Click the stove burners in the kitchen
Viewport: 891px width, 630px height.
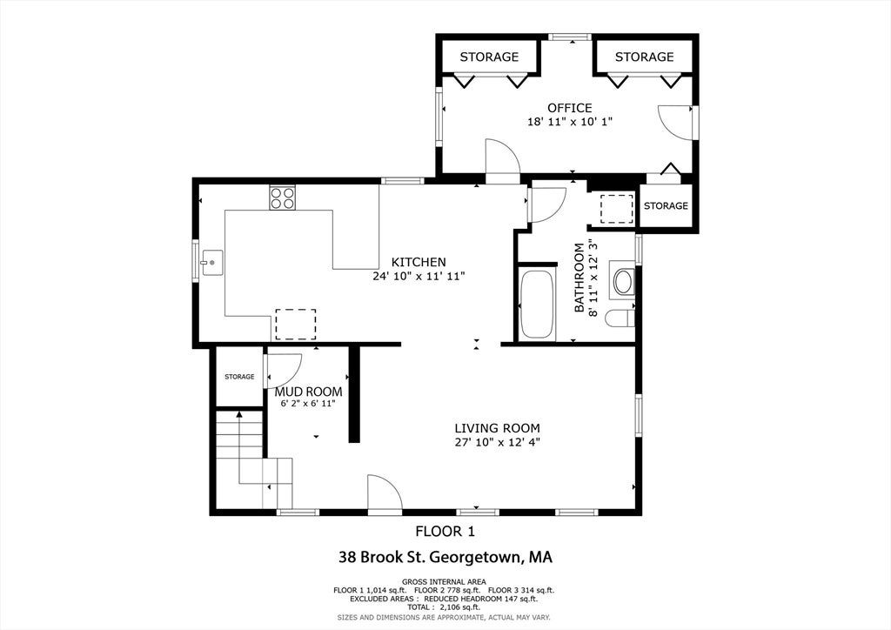[283, 198]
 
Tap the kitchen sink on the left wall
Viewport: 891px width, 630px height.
[211, 263]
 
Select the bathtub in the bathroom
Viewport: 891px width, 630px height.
[537, 305]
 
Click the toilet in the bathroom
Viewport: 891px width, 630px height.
[620, 318]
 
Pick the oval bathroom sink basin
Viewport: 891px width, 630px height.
[623, 282]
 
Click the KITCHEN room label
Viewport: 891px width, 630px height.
[419, 262]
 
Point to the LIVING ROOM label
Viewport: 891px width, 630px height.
[497, 428]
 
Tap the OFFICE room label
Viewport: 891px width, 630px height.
[570, 108]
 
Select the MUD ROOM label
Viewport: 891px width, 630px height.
[309, 392]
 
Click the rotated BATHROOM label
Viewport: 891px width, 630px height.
[579, 278]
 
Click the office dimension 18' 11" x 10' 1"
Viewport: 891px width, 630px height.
[570, 122]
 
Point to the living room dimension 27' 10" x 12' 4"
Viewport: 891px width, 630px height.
[497, 443]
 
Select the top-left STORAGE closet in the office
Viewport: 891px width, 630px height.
[489, 57]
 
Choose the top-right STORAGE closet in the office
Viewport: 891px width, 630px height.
[644, 57]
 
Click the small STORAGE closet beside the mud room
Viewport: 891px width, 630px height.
[239, 377]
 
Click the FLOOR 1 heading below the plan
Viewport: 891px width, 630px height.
[445, 532]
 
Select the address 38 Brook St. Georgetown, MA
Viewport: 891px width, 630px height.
[445, 557]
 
